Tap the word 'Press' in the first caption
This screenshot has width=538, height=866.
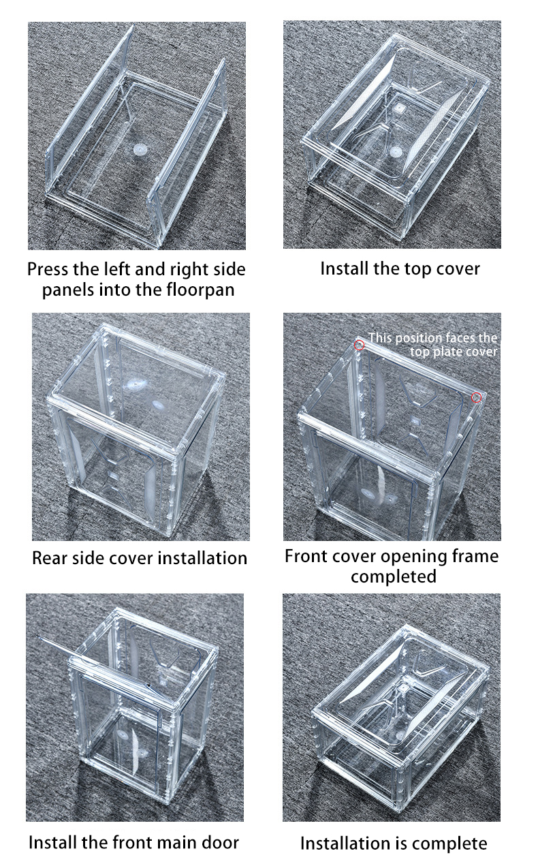tap(48, 268)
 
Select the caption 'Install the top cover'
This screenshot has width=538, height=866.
tap(400, 268)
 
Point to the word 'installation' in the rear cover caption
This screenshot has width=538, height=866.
tap(202, 558)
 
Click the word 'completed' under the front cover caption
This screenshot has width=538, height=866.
tap(393, 576)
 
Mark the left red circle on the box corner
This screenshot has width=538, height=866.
tap(360, 345)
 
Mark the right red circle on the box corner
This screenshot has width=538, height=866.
tap(477, 397)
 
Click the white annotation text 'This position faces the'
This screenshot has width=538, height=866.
tap(433, 338)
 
